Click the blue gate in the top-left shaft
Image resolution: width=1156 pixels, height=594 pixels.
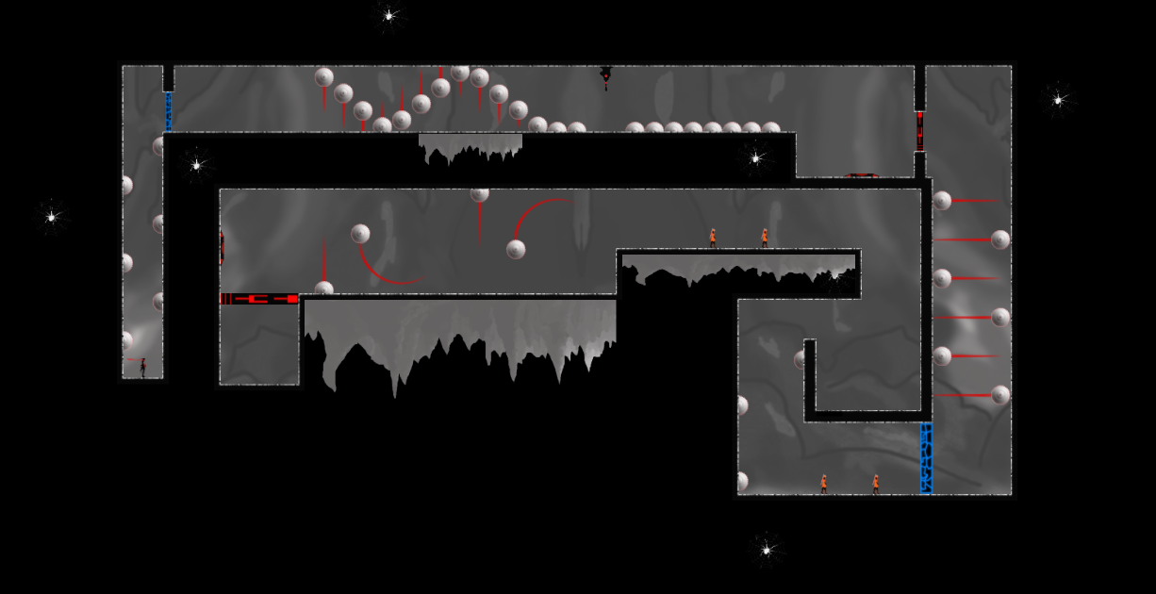pyautogui.click(x=169, y=111)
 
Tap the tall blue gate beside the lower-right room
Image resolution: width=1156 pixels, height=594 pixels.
pyautogui.click(x=926, y=458)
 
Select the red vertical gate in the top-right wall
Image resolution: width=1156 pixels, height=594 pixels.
pyautogui.click(x=919, y=130)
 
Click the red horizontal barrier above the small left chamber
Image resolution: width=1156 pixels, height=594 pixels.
pyautogui.click(x=259, y=299)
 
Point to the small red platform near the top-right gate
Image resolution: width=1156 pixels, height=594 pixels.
pyautogui.click(x=862, y=175)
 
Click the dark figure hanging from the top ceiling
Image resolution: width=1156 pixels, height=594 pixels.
pyautogui.click(x=605, y=75)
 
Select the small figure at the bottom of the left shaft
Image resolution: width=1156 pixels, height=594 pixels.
pyautogui.click(x=142, y=367)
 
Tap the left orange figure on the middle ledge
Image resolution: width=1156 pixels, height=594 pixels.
pyautogui.click(x=713, y=238)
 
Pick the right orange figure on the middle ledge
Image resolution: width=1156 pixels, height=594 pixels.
pyautogui.click(x=764, y=238)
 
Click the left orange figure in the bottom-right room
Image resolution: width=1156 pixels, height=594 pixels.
pyautogui.click(x=823, y=484)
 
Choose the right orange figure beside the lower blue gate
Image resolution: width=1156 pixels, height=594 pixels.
pyautogui.click(x=875, y=484)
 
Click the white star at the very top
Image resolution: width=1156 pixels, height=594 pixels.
pyautogui.click(x=388, y=15)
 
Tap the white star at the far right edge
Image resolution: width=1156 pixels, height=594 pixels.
pyautogui.click(x=1058, y=98)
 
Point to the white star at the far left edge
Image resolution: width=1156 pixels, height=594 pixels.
pyautogui.click(x=52, y=217)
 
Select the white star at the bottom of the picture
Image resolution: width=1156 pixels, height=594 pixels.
pyautogui.click(x=766, y=548)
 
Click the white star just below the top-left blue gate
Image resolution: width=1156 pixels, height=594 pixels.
pyautogui.click(x=196, y=164)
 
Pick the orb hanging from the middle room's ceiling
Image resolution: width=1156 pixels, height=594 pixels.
pyautogui.click(x=479, y=194)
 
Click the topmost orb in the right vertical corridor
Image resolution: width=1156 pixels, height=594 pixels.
pyautogui.click(x=942, y=200)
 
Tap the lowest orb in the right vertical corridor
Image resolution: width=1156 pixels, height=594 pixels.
pyautogui.click(x=1000, y=394)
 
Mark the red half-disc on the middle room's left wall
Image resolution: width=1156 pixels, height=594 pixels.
pyautogui.click(x=223, y=247)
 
